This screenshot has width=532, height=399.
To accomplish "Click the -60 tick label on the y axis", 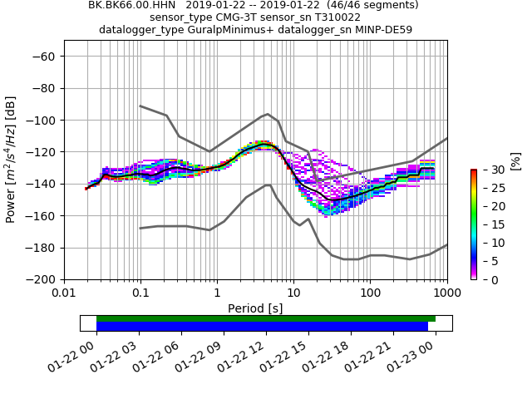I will [42, 56].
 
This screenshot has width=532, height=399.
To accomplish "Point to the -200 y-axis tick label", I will [39, 279].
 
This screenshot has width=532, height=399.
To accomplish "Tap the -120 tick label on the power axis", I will [39, 151].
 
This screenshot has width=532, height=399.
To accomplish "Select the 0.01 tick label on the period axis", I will [64, 293].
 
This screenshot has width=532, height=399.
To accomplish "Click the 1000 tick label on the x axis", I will [446, 293].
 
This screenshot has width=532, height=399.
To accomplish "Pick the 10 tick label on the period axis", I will [293, 293].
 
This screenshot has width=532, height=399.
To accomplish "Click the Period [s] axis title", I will [255, 308].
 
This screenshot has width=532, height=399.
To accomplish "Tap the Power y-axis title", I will [12, 168].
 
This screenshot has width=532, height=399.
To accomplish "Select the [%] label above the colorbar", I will [515, 160].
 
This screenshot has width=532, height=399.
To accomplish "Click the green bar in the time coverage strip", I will [266, 318].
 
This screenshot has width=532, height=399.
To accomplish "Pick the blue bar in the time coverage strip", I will [262, 327].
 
